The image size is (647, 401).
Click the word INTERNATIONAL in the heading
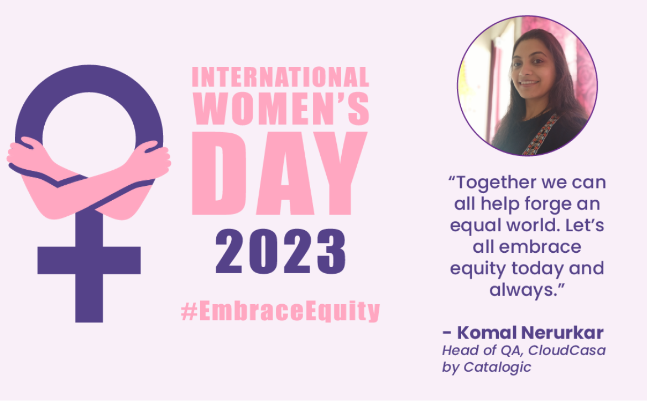(x=280, y=77)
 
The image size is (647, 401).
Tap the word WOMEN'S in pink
(x=281, y=108)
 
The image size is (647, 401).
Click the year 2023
(x=280, y=252)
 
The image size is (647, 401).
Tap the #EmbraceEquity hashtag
(x=280, y=311)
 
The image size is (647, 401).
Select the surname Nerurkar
(x=562, y=332)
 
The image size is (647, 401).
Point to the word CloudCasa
(x=566, y=350)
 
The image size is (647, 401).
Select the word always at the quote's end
(x=523, y=290)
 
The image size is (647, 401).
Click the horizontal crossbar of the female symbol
(x=89, y=261)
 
